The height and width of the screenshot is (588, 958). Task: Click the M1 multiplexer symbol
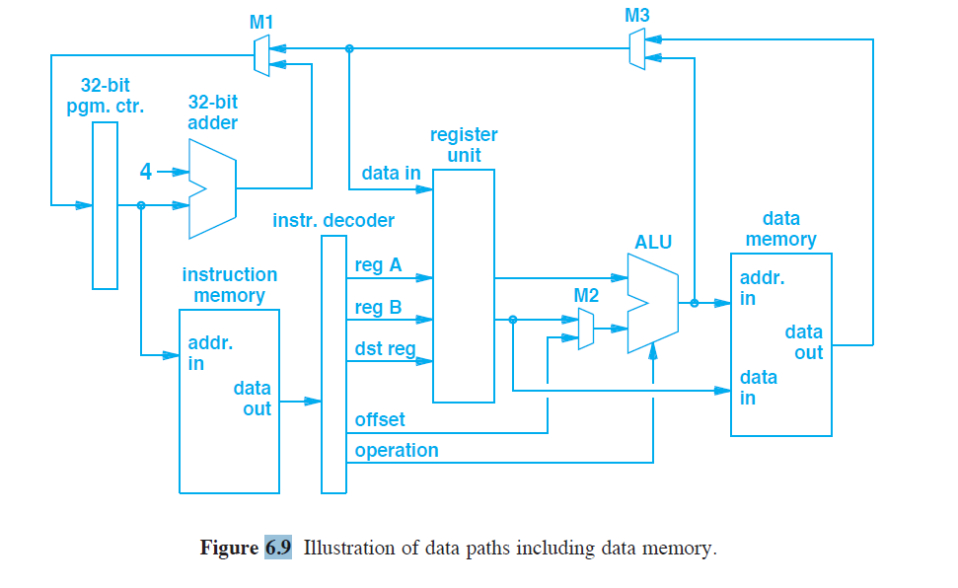click(x=260, y=56)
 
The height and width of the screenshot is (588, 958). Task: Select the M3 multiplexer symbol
click(x=637, y=48)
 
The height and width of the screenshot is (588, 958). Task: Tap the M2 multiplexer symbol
click(x=586, y=329)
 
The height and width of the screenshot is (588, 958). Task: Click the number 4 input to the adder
click(x=145, y=172)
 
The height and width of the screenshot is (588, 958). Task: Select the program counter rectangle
click(x=105, y=205)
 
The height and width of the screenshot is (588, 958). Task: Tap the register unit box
click(x=464, y=285)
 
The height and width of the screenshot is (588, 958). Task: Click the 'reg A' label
click(x=378, y=264)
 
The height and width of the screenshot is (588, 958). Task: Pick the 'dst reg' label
click(x=385, y=348)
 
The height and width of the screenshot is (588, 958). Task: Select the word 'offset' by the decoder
click(x=380, y=420)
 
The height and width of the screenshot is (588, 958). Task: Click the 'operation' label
click(x=397, y=450)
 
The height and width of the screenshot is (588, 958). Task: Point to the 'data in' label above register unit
click(x=391, y=174)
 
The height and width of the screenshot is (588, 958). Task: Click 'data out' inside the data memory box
click(x=803, y=342)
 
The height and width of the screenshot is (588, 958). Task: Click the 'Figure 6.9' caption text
click(x=246, y=549)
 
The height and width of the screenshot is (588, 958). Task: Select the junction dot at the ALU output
click(x=694, y=303)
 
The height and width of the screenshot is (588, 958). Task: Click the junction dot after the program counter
click(x=141, y=205)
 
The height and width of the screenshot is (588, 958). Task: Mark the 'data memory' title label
click(x=780, y=229)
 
